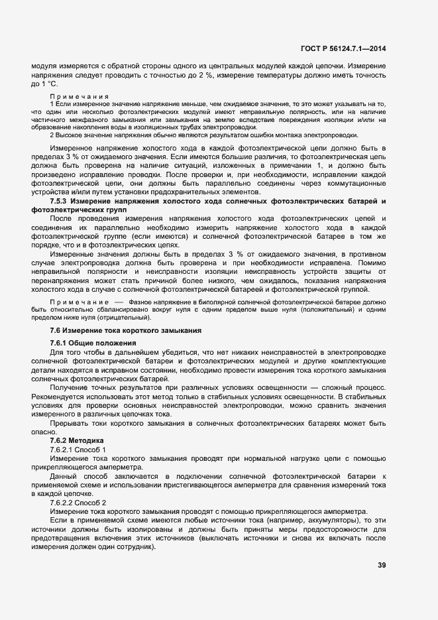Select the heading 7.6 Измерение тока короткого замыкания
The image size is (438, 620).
[x=126, y=330]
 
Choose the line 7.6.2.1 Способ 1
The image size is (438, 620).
[x=78, y=450]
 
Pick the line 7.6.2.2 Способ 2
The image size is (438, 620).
[x=78, y=502]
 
